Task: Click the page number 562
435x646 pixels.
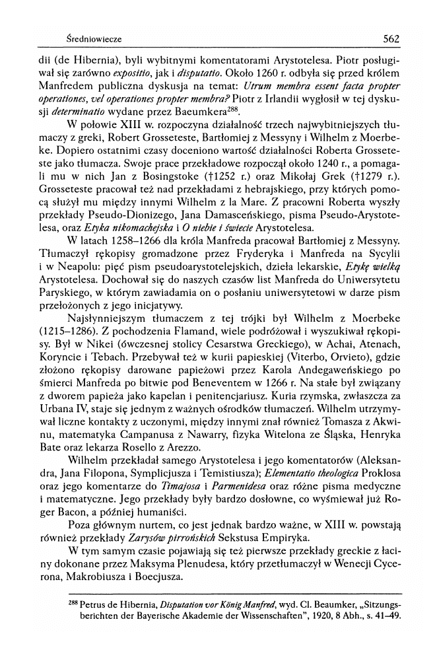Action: tap(391, 39)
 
